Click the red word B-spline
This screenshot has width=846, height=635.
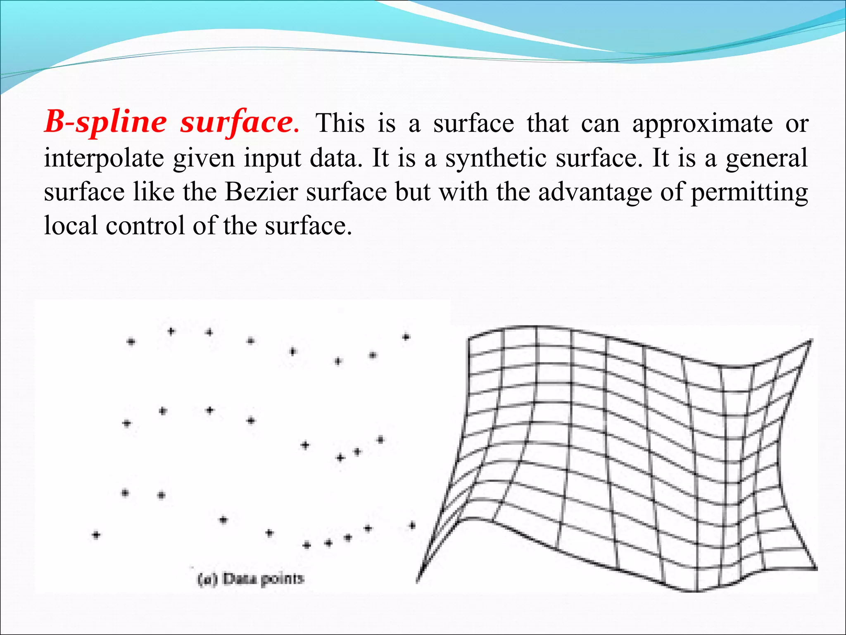(106, 122)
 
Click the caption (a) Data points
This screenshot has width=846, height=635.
(251, 579)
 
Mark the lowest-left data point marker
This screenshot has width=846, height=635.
(96, 535)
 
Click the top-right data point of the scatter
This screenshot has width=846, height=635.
(406, 337)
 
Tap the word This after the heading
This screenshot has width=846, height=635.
(340, 123)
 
